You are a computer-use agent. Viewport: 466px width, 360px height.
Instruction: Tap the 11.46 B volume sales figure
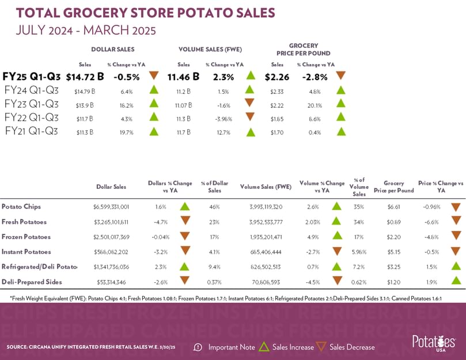coord(183,76)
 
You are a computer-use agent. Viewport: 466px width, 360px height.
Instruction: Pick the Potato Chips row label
coord(21,206)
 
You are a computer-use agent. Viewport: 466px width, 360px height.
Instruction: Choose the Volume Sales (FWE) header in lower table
coord(266,186)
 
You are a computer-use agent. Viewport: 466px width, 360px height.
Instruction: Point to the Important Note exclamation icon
coord(198,347)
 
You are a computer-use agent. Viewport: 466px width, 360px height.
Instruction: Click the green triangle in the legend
coord(264,347)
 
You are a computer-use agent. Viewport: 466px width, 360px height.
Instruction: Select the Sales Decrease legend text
coord(352,347)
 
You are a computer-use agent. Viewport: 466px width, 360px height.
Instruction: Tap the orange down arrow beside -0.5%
coord(153,75)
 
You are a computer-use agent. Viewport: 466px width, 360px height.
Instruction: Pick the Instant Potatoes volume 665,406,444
coord(266,251)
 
